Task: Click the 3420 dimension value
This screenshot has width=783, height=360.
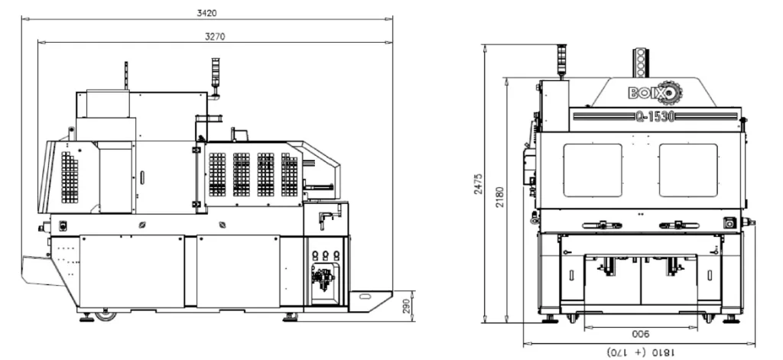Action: point(206,13)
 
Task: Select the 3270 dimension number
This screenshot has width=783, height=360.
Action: point(215,37)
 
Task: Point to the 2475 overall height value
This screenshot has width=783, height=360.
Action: point(478,183)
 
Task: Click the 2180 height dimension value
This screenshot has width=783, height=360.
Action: point(500,196)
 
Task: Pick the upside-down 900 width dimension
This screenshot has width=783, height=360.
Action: point(641,334)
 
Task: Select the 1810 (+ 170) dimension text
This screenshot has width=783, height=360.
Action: point(641,352)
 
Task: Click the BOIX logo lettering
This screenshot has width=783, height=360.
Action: point(642,93)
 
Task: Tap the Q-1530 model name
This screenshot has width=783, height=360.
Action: point(655,116)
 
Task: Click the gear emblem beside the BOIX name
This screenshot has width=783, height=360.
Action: point(670,92)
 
